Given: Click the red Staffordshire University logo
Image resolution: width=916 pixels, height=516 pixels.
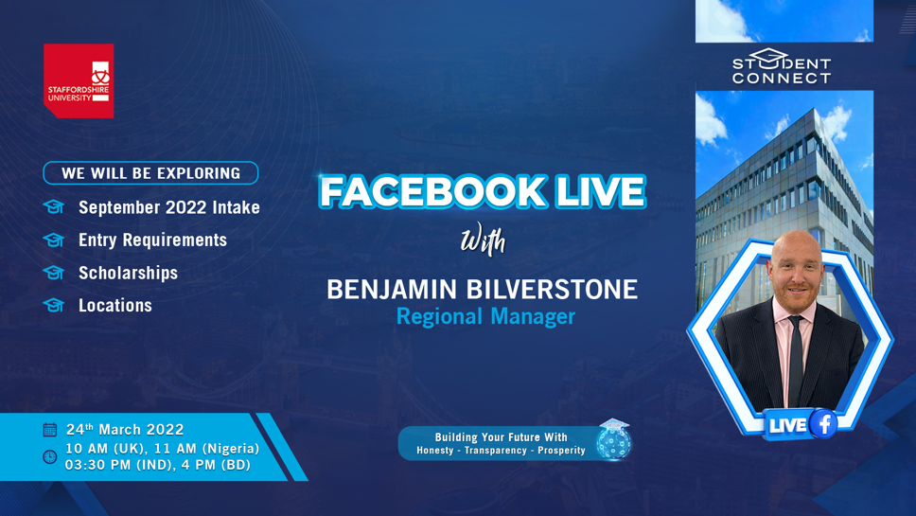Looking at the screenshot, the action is pyautogui.click(x=79, y=80).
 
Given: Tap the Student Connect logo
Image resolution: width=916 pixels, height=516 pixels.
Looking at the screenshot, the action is pyautogui.click(x=782, y=66).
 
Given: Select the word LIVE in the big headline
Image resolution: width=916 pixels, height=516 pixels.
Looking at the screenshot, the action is pyautogui.click(x=601, y=191).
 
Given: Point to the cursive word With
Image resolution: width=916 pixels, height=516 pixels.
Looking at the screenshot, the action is pyautogui.click(x=484, y=239).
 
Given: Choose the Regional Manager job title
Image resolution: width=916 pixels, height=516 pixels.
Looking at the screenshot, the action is pyautogui.click(x=486, y=317).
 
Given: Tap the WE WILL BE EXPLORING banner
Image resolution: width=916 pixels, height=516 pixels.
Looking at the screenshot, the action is pyautogui.click(x=150, y=173).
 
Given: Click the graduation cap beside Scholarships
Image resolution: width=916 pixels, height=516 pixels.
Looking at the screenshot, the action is pyautogui.click(x=54, y=273).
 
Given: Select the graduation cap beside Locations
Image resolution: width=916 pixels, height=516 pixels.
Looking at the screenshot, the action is pyautogui.click(x=54, y=305).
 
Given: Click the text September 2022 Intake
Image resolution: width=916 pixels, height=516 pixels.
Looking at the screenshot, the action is pyautogui.click(x=169, y=207).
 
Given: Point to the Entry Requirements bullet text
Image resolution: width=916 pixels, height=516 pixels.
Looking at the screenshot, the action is pyautogui.click(x=153, y=240).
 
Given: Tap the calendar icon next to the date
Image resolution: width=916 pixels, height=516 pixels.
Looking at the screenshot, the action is pyautogui.click(x=50, y=430).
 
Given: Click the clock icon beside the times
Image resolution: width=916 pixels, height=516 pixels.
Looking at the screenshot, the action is pyautogui.click(x=50, y=456).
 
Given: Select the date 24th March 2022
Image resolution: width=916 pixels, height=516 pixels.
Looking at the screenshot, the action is pyautogui.click(x=125, y=430).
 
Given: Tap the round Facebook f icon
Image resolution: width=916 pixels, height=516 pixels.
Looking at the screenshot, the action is pyautogui.click(x=823, y=423).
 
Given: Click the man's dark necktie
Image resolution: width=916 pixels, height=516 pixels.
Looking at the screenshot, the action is pyautogui.click(x=796, y=361).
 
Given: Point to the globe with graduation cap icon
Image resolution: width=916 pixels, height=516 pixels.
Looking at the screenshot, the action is pyautogui.click(x=614, y=439).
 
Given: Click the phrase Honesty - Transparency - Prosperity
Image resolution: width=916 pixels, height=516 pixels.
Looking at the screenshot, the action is pyautogui.click(x=501, y=451).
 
